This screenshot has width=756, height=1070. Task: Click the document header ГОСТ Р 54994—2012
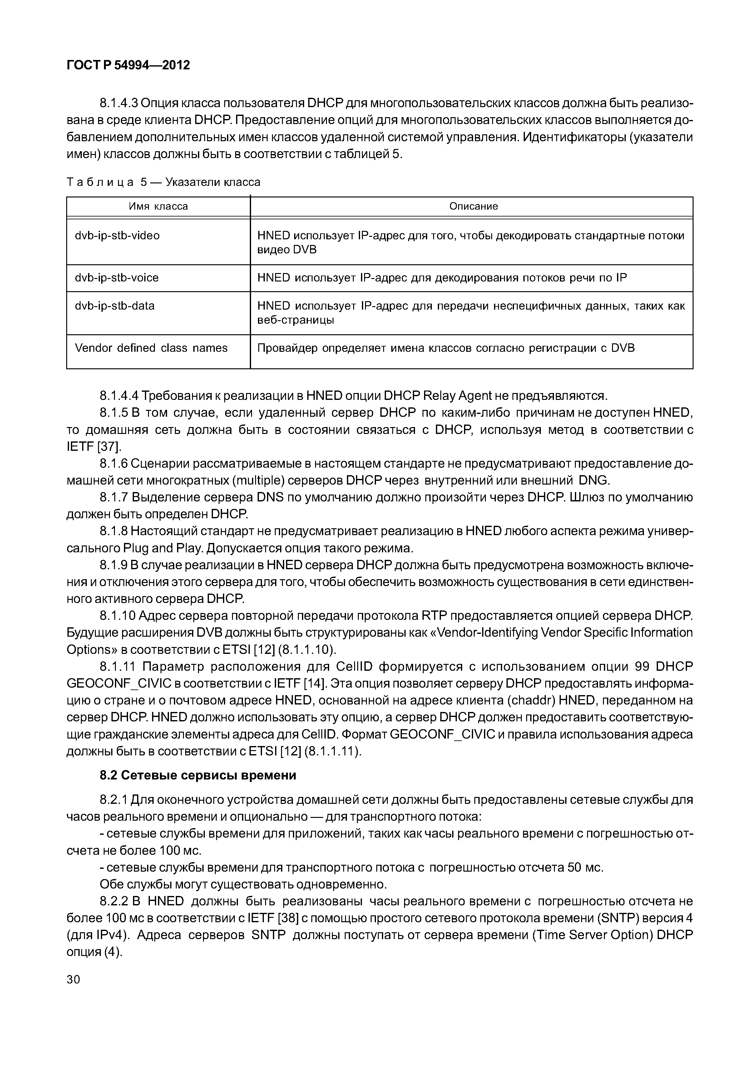[x=129, y=65]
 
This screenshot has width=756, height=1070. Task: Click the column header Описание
[x=473, y=207]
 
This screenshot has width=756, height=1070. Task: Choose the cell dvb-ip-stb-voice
[x=117, y=278]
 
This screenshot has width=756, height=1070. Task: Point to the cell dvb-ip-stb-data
[x=115, y=306]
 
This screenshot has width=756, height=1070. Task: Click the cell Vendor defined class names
[x=151, y=348]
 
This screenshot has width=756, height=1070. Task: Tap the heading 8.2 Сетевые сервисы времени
[x=198, y=775]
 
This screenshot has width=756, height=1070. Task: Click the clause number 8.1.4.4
[x=119, y=396]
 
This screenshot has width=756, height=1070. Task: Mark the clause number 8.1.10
[x=117, y=616]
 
